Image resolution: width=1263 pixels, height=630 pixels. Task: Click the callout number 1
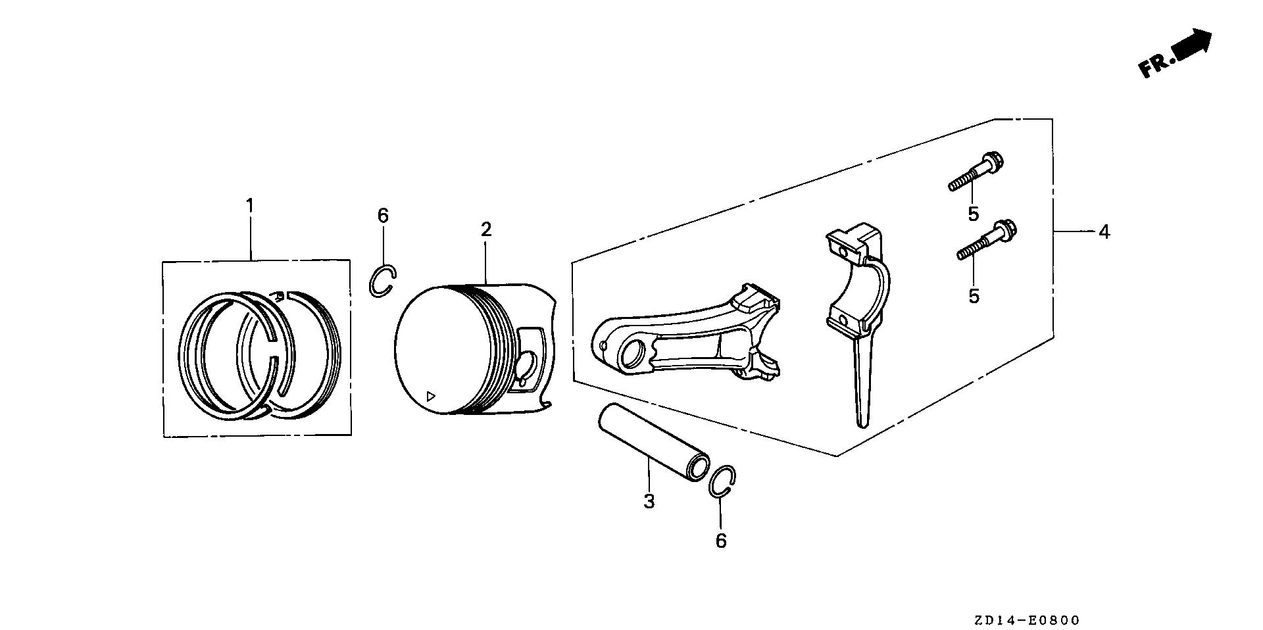point(249,206)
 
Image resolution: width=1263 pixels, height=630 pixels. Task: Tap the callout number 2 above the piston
point(485,230)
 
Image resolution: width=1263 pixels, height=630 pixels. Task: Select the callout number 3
point(649,502)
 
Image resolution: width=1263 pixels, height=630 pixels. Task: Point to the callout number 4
point(1104,232)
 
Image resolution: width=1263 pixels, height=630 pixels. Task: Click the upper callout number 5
point(973,214)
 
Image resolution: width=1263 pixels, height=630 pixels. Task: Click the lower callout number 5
point(974,296)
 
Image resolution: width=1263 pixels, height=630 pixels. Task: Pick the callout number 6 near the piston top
point(383,215)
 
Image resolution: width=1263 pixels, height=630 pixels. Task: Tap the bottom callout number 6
point(721,541)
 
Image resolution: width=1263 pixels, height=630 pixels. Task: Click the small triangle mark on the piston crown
point(430,396)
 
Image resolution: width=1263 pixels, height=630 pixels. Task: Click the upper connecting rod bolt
point(978,170)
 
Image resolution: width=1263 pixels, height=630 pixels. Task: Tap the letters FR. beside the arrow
point(1156,65)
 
